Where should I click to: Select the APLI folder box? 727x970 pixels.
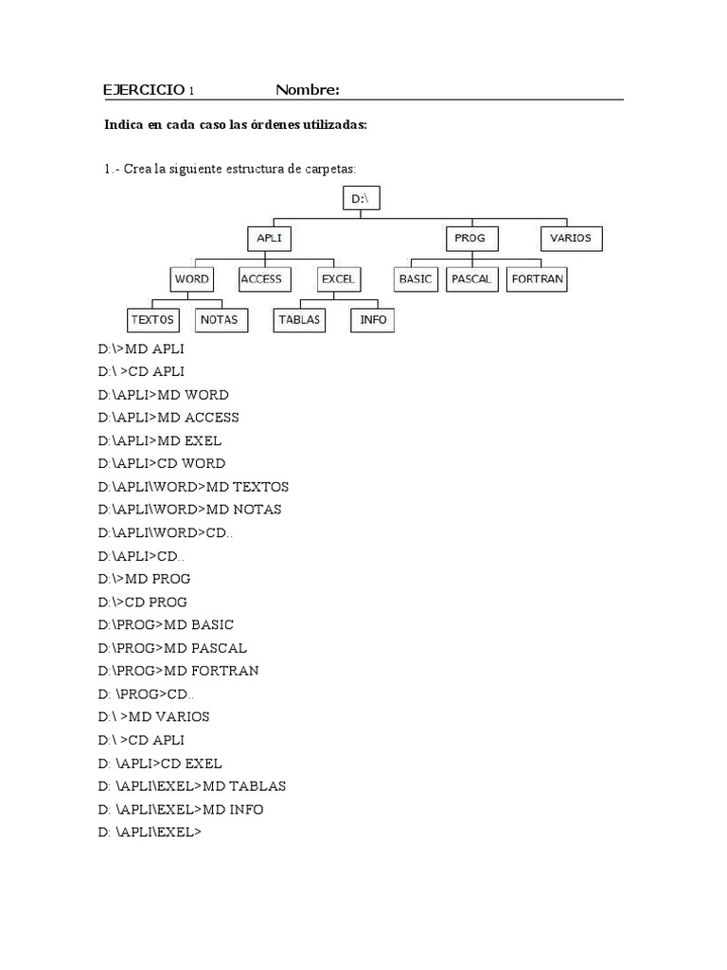269,238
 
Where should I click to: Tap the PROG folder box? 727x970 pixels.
470,238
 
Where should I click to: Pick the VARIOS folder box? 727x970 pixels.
571,238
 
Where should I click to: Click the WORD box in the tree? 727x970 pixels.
191,279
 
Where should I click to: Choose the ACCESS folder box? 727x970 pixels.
261,279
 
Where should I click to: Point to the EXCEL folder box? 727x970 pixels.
337,279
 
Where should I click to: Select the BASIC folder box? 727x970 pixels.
416,279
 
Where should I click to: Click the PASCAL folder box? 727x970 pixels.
470,279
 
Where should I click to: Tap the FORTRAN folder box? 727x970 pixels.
538,279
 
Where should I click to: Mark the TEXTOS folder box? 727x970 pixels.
152,320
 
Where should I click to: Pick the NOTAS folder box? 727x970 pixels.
220,320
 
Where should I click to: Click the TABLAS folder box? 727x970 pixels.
299,320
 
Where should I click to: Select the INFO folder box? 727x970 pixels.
374,320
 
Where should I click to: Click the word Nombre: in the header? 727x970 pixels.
308,90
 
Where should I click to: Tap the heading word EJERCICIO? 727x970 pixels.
144,90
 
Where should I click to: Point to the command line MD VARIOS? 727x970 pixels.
153,717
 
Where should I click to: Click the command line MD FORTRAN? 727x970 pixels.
178,671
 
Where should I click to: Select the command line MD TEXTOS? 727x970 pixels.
193,487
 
